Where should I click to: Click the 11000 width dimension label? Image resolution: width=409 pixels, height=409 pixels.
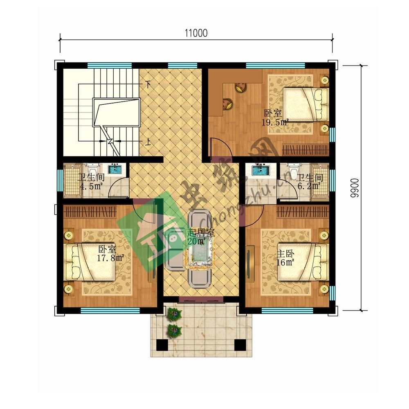(196, 34)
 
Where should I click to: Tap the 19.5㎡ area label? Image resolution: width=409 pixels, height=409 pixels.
(275, 122)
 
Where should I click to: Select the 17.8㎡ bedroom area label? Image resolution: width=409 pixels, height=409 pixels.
(110, 258)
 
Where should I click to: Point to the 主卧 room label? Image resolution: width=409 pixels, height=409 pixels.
(285, 254)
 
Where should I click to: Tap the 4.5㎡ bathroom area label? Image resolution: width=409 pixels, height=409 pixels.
(91, 187)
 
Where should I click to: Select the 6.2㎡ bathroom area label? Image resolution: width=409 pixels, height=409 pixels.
(309, 186)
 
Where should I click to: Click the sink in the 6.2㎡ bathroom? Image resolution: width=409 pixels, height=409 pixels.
(261, 170)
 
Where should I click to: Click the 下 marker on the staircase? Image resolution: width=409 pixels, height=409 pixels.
(148, 84)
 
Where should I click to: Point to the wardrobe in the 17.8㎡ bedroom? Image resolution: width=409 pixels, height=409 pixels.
(90, 212)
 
